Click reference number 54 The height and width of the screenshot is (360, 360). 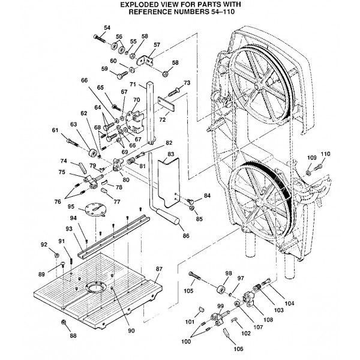tap(107, 28)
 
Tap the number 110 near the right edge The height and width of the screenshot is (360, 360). tap(326, 154)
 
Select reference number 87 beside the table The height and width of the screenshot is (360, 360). tap(160, 268)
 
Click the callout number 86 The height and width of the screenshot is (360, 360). tap(186, 236)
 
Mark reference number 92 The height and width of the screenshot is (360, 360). tap(43, 244)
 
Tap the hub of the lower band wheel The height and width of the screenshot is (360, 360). tap(256, 192)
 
